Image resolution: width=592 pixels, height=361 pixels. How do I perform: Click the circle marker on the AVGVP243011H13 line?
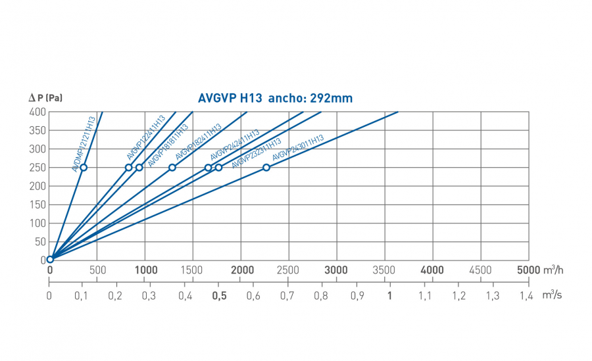(x=266, y=167)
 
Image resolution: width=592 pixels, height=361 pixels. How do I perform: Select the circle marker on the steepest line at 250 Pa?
(x=84, y=167)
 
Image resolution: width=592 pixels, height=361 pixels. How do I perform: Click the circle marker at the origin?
(x=50, y=259)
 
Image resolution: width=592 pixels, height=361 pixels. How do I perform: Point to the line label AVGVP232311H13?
(x=257, y=153)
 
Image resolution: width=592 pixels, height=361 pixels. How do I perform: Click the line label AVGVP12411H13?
(x=145, y=137)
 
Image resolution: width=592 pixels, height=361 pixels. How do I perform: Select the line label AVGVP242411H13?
(x=235, y=145)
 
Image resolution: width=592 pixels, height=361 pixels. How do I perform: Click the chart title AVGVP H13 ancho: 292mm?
(x=275, y=99)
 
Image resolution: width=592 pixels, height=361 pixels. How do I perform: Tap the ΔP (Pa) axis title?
(x=45, y=98)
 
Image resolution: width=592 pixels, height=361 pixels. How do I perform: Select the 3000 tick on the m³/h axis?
(x=336, y=270)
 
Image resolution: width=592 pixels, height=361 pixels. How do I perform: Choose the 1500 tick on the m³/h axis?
(x=193, y=270)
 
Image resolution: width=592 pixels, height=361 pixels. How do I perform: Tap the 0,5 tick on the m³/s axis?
(x=219, y=296)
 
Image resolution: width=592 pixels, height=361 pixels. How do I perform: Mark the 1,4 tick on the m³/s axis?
(x=526, y=296)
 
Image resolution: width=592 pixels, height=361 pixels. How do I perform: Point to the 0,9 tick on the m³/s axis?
(x=356, y=296)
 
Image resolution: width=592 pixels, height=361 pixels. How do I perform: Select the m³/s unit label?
(x=552, y=295)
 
